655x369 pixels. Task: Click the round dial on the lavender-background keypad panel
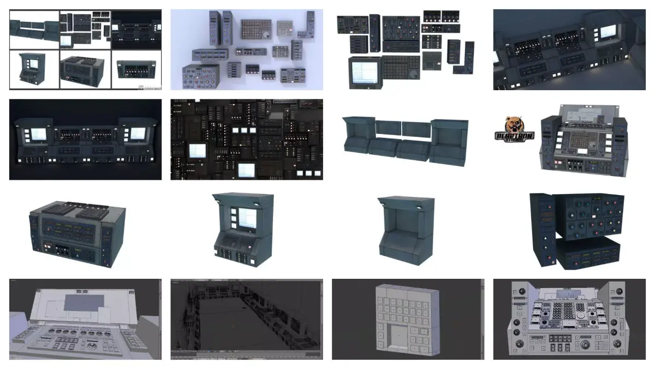point(266,34)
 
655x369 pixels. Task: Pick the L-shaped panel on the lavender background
point(297,54)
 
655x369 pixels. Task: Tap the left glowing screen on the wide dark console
point(39,134)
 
